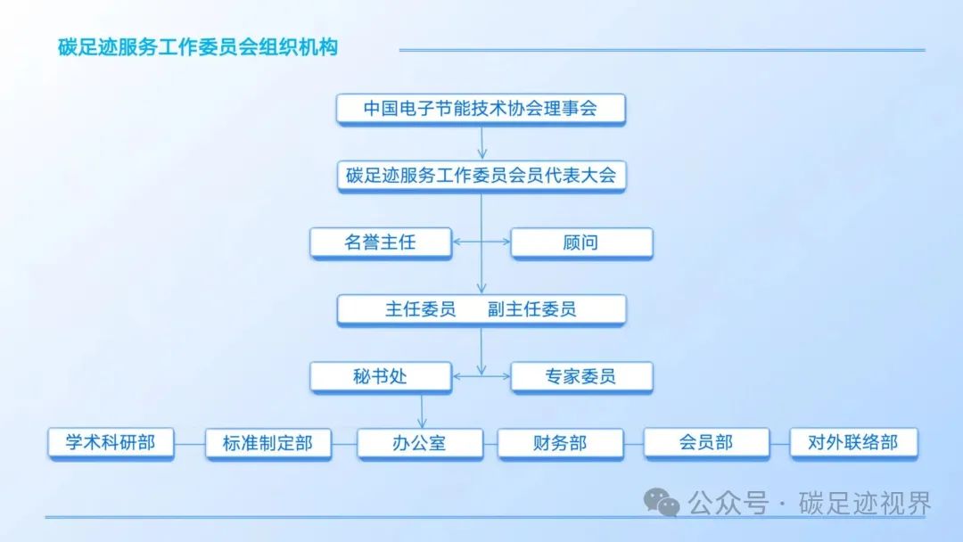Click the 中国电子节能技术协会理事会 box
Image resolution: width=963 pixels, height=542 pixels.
(481, 110)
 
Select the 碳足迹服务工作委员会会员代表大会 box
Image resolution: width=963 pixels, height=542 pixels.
(481, 177)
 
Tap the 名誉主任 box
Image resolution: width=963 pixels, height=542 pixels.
(381, 243)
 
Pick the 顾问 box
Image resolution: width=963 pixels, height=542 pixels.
(581, 243)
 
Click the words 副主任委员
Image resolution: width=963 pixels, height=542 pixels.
(531, 309)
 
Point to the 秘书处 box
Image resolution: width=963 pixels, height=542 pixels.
(381, 377)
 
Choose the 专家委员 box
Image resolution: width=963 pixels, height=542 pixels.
(581, 377)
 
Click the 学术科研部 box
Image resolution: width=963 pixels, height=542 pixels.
(111, 443)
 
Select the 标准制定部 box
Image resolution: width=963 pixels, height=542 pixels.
(268, 444)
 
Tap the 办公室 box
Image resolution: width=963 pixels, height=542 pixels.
(420, 444)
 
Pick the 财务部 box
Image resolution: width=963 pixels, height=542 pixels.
(561, 444)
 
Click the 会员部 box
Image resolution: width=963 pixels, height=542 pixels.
(706, 443)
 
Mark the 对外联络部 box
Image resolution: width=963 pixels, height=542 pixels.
(853, 443)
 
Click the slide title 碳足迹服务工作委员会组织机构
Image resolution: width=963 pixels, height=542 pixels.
(198, 47)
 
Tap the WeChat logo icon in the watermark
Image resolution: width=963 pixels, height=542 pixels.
(662, 503)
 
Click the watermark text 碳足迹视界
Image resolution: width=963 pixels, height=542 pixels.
(865, 504)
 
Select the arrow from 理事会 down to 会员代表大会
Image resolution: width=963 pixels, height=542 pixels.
(482, 143)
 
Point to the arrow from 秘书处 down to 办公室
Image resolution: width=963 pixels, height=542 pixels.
(422, 411)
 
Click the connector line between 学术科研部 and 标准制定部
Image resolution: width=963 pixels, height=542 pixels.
(190, 444)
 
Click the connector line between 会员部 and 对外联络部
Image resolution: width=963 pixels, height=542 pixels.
(779, 444)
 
